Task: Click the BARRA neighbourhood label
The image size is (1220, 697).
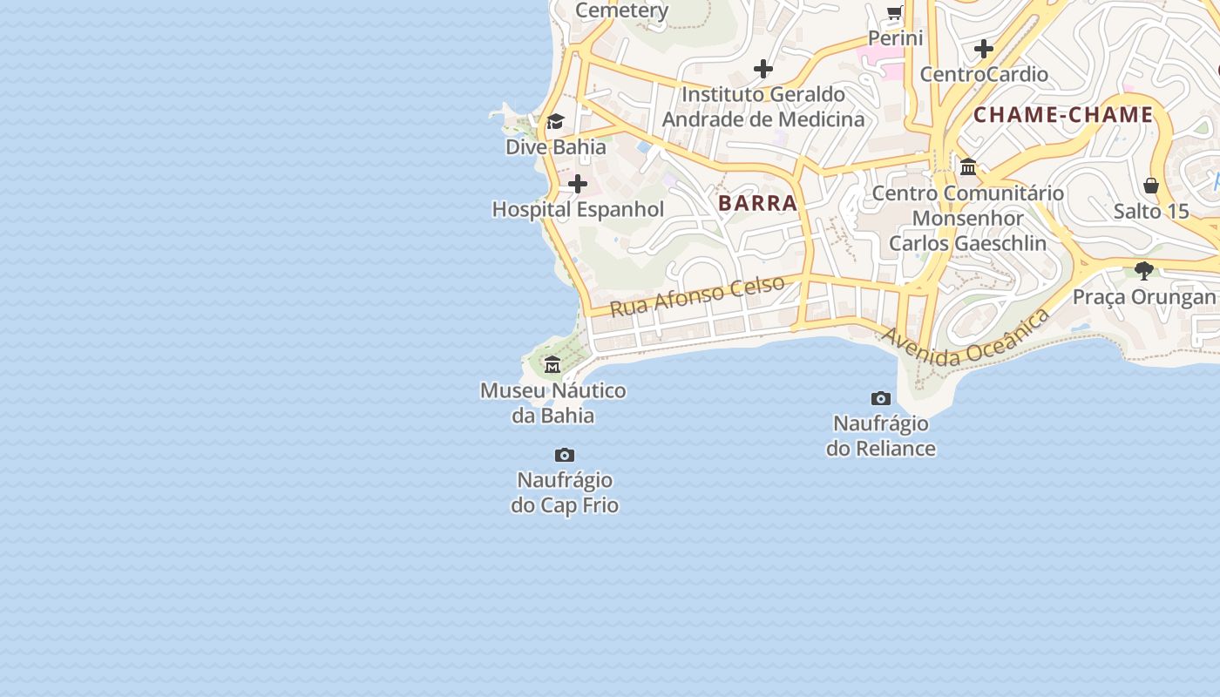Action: (x=757, y=203)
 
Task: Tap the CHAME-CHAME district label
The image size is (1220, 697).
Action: (x=1063, y=115)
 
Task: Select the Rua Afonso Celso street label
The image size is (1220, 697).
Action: (x=697, y=296)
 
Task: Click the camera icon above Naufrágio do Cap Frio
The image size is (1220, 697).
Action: (x=565, y=455)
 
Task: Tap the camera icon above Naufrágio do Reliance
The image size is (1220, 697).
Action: (x=881, y=398)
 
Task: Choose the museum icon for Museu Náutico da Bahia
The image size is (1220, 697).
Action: (x=552, y=364)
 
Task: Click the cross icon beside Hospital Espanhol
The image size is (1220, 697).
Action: (x=578, y=184)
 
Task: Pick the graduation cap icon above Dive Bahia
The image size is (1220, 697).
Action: (x=555, y=121)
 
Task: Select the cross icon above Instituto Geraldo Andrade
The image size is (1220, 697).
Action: (x=763, y=69)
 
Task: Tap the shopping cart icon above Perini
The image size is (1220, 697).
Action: (x=895, y=12)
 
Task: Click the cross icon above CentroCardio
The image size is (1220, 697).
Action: (x=984, y=49)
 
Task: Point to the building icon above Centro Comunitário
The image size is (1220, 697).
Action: (x=968, y=166)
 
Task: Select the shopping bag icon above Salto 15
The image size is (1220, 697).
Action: (x=1151, y=186)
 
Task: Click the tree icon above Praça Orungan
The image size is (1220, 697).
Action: (x=1144, y=271)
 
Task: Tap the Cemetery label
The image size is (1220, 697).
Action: (x=622, y=10)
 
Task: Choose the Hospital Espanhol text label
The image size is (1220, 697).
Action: (x=578, y=210)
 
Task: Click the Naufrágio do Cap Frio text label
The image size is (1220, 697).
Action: (x=565, y=492)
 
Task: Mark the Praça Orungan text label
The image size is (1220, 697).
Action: (x=1143, y=297)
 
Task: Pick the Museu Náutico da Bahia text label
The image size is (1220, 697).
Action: (x=553, y=403)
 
